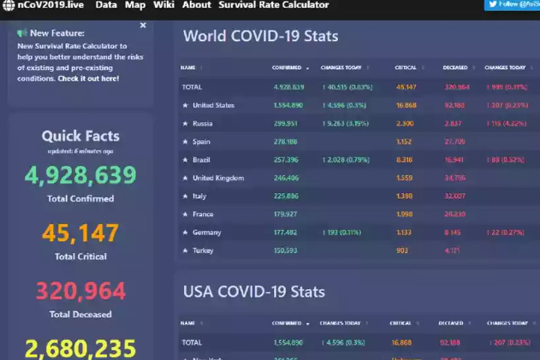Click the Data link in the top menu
[x=106, y=5]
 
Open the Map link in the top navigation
[x=135, y=5]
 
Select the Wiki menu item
[x=163, y=5]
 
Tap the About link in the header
[x=196, y=5]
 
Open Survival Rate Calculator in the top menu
[x=274, y=5]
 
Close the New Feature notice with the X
[x=143, y=26]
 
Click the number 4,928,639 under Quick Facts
[x=80, y=175]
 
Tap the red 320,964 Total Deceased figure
[x=80, y=292]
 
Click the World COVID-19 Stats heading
[x=260, y=37]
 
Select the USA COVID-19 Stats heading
[x=254, y=292]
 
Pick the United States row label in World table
[x=213, y=105]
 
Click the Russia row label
[x=203, y=123]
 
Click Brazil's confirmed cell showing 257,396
[x=286, y=160]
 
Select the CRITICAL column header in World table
[x=406, y=67]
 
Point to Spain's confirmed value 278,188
[x=286, y=141]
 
